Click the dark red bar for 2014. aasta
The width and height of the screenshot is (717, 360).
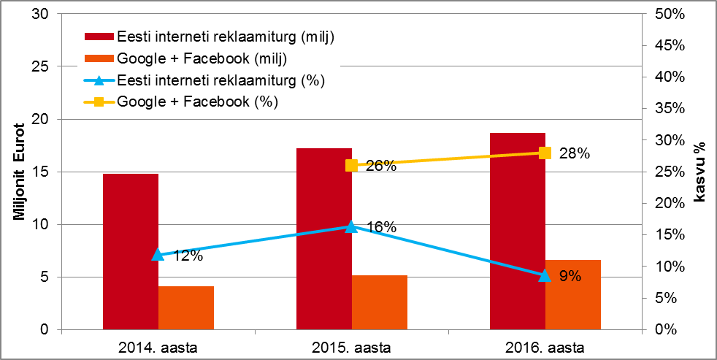[131, 252]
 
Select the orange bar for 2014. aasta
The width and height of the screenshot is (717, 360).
[186, 307]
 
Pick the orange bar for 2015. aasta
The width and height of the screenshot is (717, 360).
[380, 302]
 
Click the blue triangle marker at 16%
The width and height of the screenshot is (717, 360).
[351, 226]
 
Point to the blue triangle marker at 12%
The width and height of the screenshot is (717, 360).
[158, 254]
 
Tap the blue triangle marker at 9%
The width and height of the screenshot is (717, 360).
[545, 275]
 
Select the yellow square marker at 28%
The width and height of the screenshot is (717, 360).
[545, 153]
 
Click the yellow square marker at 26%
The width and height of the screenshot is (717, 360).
[351, 165]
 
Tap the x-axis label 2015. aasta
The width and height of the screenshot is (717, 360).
[351, 345]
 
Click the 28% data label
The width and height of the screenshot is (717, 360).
[574, 153]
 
